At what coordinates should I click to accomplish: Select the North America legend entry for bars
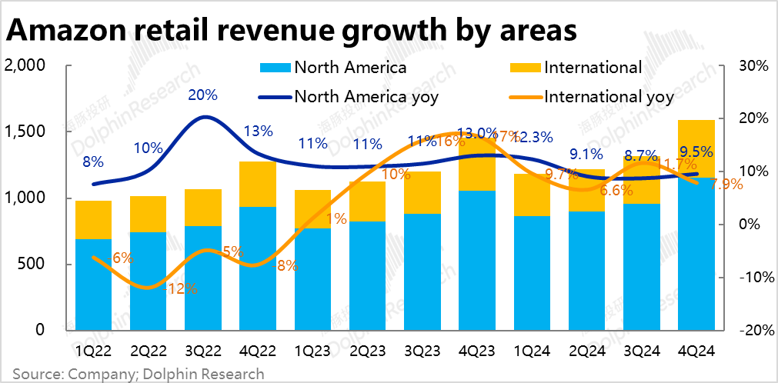[x=350, y=67]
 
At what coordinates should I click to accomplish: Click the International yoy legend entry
[x=608, y=97]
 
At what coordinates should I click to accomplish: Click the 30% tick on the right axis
[x=753, y=66]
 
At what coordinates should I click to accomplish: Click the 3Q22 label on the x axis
[x=203, y=350]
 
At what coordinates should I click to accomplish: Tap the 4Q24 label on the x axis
[x=697, y=350]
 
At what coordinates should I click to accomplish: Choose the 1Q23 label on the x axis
[x=312, y=350]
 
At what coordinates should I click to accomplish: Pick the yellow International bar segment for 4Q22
[x=258, y=185]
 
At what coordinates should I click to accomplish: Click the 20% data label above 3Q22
[x=203, y=95]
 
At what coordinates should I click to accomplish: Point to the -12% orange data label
[x=182, y=289]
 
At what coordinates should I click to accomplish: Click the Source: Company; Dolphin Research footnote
[x=138, y=374]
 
